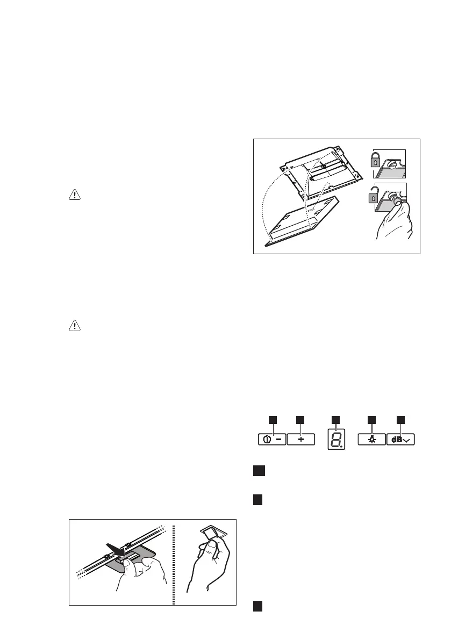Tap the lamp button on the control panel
click(x=371, y=440)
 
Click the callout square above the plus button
click(x=300, y=419)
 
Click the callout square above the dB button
click(x=400, y=419)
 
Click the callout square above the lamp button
click(x=371, y=419)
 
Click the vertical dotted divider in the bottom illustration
click(x=173, y=562)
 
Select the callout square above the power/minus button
click(x=273, y=419)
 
